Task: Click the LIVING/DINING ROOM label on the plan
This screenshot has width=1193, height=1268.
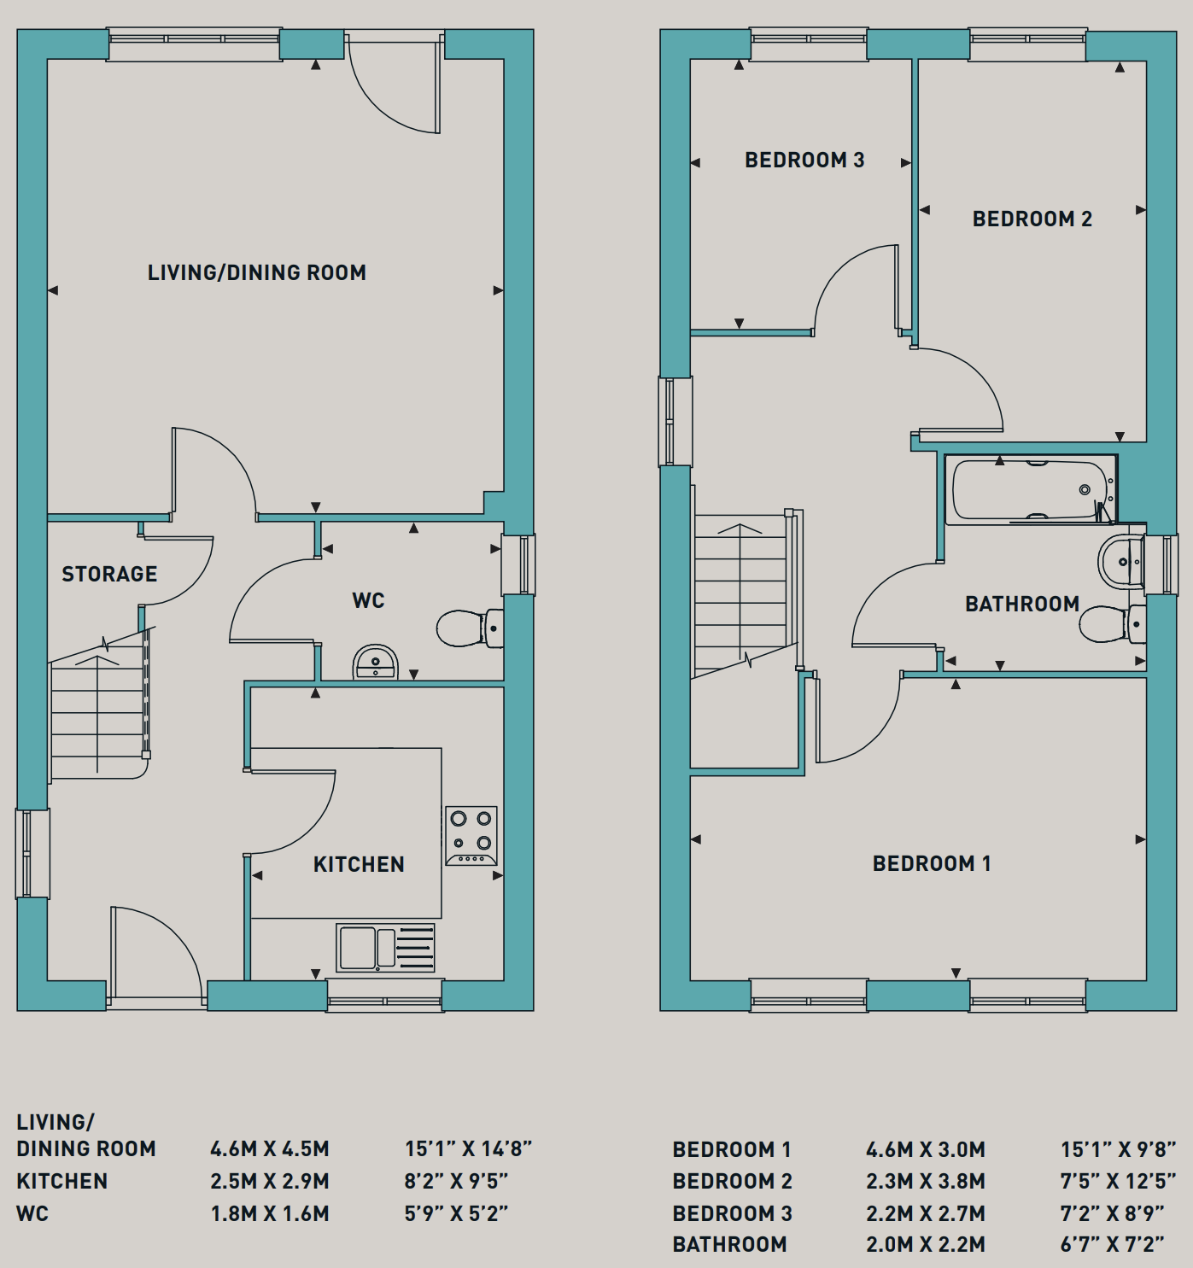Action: (x=257, y=272)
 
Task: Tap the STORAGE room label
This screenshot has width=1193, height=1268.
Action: (x=109, y=574)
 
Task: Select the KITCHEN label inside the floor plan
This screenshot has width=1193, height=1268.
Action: (x=359, y=864)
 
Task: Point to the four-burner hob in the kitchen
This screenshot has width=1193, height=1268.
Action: (x=471, y=836)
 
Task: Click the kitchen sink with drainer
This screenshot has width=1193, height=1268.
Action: (x=385, y=948)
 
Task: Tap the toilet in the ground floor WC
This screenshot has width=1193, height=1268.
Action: (x=471, y=628)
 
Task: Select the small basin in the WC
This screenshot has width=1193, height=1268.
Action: (x=376, y=662)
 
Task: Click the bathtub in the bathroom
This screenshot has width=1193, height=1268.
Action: (x=1030, y=490)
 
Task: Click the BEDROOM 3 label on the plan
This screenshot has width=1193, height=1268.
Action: (x=804, y=160)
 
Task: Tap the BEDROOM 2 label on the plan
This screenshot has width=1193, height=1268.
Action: (x=1032, y=219)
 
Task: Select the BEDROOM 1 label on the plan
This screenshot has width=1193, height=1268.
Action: (x=932, y=863)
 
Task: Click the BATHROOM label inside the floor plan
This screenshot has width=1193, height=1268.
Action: (x=1022, y=604)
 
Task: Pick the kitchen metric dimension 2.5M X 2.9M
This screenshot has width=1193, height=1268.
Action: (x=270, y=1181)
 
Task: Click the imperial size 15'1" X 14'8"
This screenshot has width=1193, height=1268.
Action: (x=468, y=1149)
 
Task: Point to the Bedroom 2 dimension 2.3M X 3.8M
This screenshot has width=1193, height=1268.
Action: (x=926, y=1181)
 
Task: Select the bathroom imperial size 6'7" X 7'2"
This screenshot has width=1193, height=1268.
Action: (x=1112, y=1244)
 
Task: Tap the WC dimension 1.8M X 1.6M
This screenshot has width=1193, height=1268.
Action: (x=270, y=1213)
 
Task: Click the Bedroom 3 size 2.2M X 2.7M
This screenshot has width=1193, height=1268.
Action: (x=926, y=1213)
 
